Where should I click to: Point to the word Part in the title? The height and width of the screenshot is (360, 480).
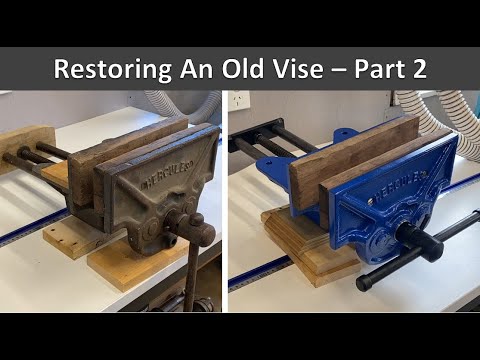(372, 69)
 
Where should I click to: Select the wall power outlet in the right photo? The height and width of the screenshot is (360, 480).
(241, 102)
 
